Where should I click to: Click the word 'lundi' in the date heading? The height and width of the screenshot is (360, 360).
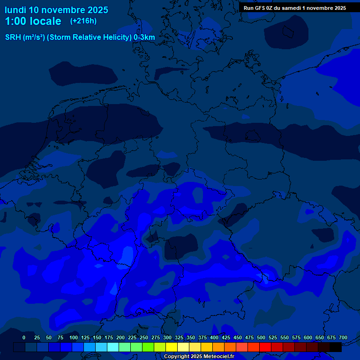tap(15, 10)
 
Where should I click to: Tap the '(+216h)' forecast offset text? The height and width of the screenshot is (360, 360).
tap(83, 21)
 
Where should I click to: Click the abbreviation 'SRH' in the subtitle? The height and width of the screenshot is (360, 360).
tap(13, 37)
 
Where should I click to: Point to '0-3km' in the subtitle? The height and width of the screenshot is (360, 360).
tap(144, 37)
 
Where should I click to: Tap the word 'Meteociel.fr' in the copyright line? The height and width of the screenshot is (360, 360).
tap(218, 357)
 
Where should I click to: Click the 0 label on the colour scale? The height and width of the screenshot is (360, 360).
tap(24, 337)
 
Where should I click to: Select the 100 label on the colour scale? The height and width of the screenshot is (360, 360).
tap(74, 337)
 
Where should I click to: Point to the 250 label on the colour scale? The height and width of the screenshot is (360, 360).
tap(144, 337)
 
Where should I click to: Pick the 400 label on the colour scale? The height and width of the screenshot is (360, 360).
tap(214, 337)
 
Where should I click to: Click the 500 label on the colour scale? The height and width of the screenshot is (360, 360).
tap(261, 337)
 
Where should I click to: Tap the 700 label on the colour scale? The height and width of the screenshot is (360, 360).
tap(343, 337)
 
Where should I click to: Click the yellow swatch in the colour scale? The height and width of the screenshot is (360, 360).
tap(172, 347)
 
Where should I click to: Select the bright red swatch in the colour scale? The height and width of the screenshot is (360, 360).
tap(265, 347)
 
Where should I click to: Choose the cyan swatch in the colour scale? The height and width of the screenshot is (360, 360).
tap(113, 347)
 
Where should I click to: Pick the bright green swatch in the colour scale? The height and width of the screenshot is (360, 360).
tap(148, 347)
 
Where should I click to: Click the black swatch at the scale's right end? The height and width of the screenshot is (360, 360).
tap(336, 347)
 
